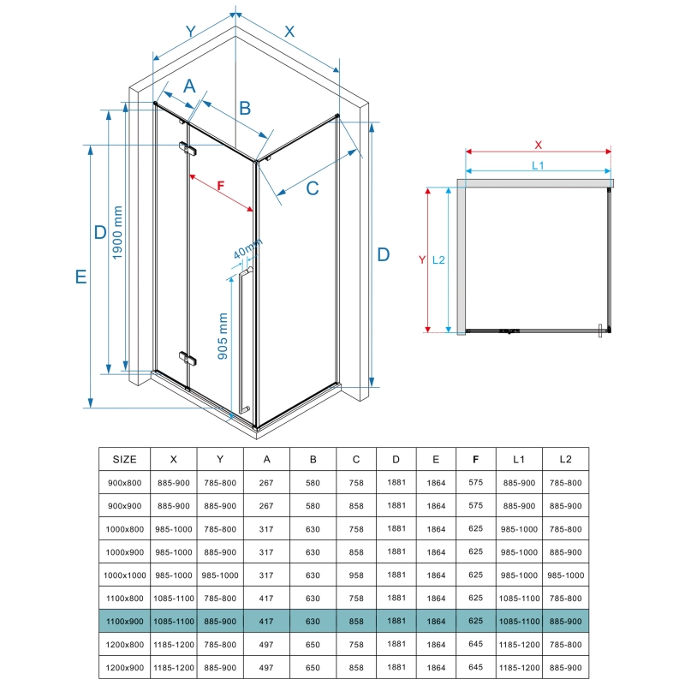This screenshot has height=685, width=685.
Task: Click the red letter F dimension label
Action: pyautogui.click(x=221, y=186)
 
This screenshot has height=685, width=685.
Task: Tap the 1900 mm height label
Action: pyautogui.click(x=117, y=233)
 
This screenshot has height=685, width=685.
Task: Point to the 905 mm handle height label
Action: pyautogui.click(x=223, y=336)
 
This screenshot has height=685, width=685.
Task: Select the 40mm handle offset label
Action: pyautogui.click(x=247, y=248)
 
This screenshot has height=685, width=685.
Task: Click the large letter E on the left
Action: pyautogui.click(x=80, y=277)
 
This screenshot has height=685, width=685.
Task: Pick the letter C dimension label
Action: pyautogui.click(x=313, y=188)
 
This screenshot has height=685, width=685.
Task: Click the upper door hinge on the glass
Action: pyautogui.click(x=188, y=148)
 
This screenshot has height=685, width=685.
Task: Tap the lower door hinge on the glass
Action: pyautogui.click(x=188, y=358)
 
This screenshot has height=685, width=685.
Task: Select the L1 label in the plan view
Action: pyautogui.click(x=538, y=165)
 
